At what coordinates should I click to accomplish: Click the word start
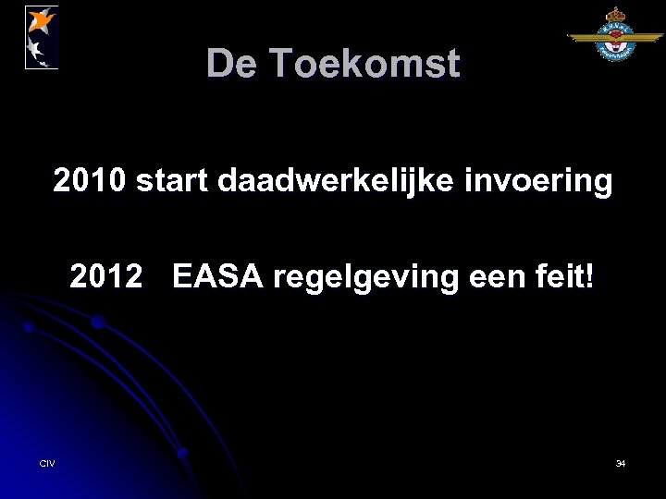tap(173, 182)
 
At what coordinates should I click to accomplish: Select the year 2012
tap(106, 276)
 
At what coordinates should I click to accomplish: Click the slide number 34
tap(620, 463)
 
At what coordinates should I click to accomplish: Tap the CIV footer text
tap(47, 463)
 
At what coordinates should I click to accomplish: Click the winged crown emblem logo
tap(615, 37)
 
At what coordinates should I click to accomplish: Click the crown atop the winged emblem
tap(615, 16)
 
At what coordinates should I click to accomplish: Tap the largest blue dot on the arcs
tap(97, 323)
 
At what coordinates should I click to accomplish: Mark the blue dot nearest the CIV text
tap(182, 453)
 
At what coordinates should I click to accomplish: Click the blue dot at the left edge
tap(29, 327)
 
